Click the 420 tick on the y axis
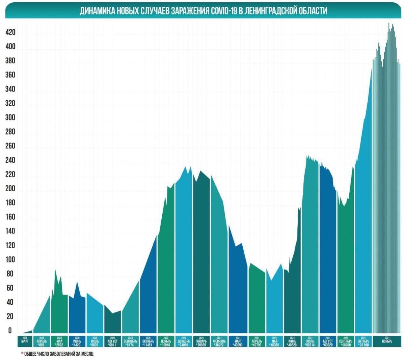(10, 33)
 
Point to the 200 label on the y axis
(10, 189)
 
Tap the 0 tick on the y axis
(10, 331)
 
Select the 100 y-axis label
(10, 260)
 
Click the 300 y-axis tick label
(10, 118)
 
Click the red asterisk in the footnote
(22, 354)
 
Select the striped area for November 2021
(386, 202)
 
